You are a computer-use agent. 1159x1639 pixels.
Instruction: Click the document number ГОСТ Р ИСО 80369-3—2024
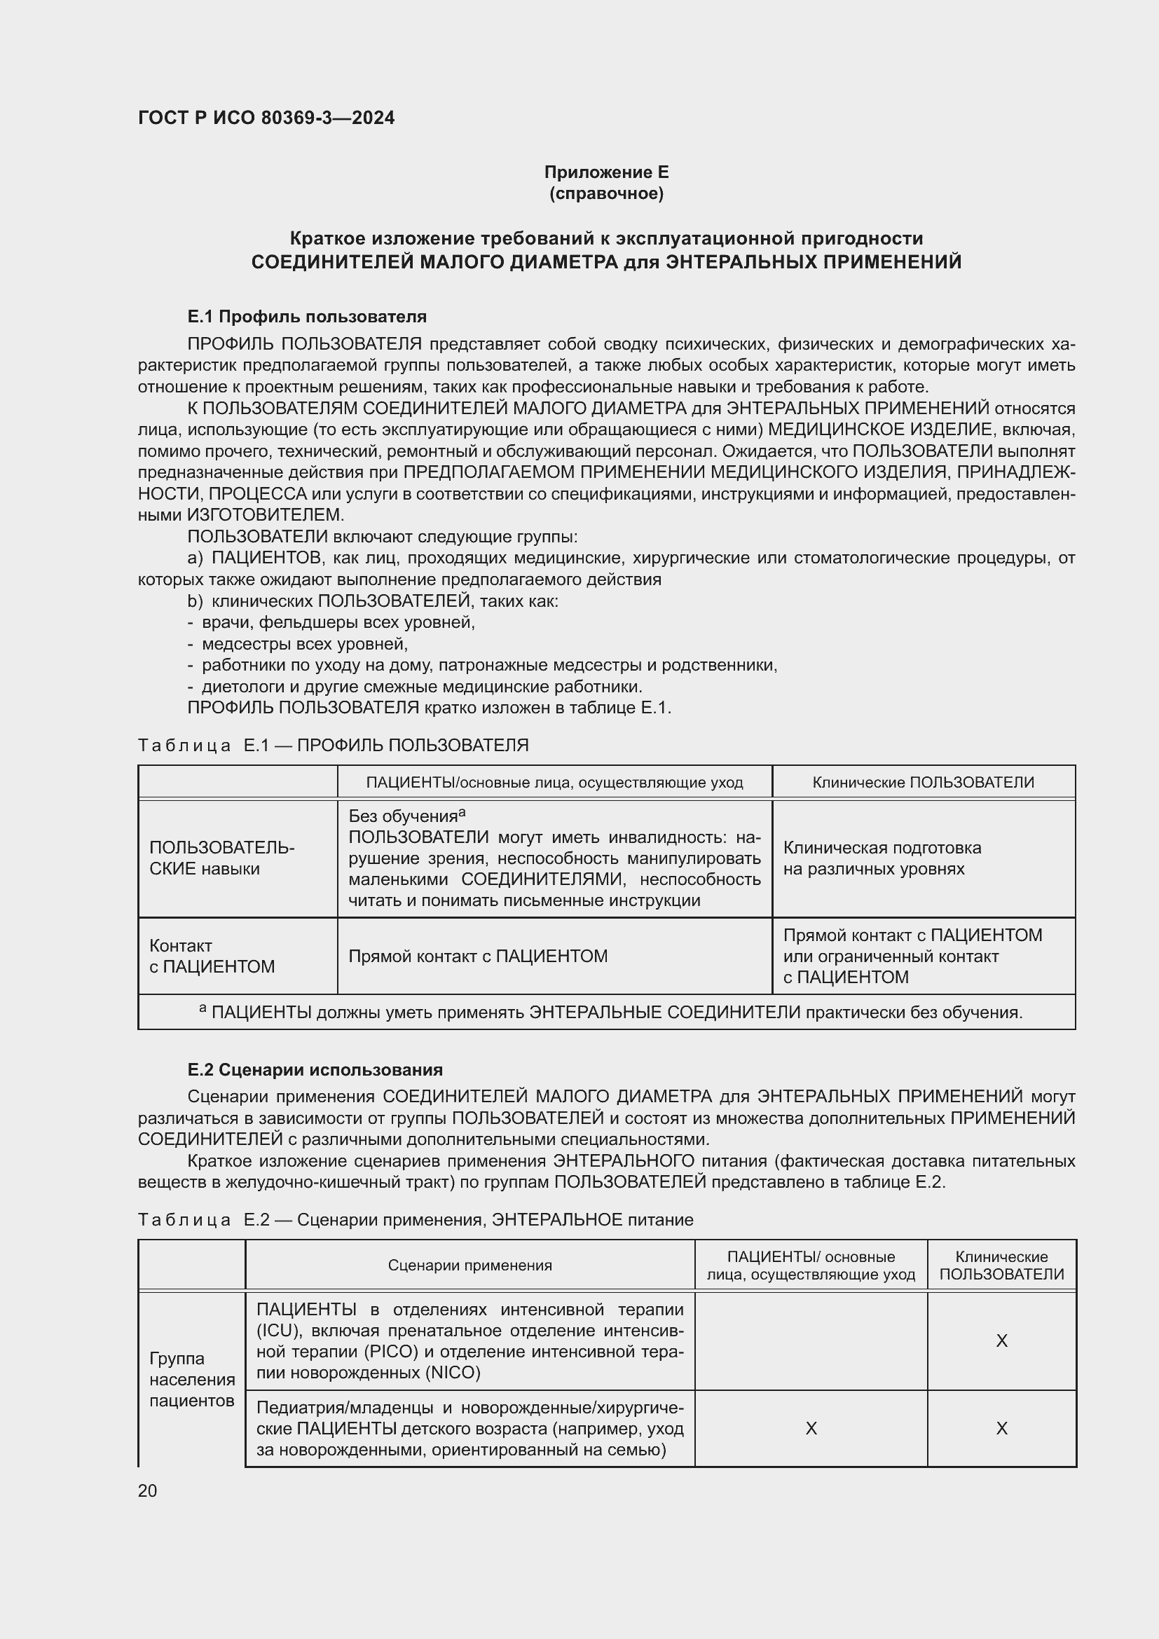tap(266, 118)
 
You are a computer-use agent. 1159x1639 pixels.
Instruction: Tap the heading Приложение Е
tap(606, 172)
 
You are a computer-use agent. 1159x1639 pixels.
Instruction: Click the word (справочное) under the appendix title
tap(606, 193)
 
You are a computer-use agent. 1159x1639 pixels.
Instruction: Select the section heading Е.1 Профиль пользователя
tap(307, 316)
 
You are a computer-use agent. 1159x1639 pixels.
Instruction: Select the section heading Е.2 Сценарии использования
tap(315, 1069)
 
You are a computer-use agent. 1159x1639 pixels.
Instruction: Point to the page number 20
tap(148, 1490)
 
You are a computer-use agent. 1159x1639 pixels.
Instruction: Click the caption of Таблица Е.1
tap(334, 746)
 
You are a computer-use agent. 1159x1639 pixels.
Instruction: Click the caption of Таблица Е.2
tap(416, 1219)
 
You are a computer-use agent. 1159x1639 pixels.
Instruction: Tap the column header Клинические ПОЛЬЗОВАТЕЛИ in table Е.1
tap(923, 783)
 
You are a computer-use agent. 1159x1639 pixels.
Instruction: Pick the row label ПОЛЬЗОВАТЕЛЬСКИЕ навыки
tap(221, 858)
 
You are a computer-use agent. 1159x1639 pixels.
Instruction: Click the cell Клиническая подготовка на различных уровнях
tap(882, 858)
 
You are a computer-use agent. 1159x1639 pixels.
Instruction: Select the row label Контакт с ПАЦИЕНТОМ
tap(212, 956)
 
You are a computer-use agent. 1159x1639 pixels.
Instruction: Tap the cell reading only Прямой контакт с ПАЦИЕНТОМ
tap(477, 956)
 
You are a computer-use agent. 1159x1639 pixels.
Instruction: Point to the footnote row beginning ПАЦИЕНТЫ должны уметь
tap(610, 1013)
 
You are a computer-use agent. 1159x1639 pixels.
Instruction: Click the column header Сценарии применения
tap(469, 1266)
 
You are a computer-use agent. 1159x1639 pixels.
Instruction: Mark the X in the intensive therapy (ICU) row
tap(1001, 1341)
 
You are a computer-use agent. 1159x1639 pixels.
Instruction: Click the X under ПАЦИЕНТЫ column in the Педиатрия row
tap(811, 1428)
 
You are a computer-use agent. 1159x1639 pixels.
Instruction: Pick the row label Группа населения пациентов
tap(192, 1379)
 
